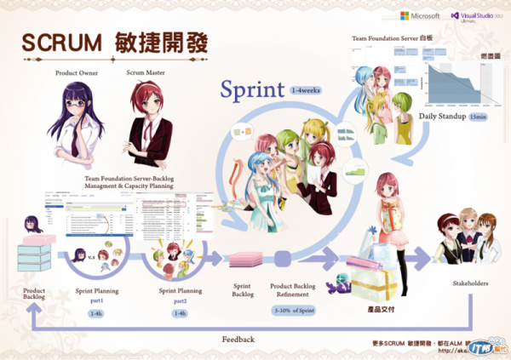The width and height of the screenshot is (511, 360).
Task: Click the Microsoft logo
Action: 419,16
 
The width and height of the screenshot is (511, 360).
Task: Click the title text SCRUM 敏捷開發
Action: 115,43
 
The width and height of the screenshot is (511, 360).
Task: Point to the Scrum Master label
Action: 146,73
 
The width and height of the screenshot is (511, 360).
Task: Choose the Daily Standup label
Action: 441,115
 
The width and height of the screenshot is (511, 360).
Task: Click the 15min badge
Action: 479,115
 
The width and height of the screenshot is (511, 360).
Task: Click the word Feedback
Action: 238,339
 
